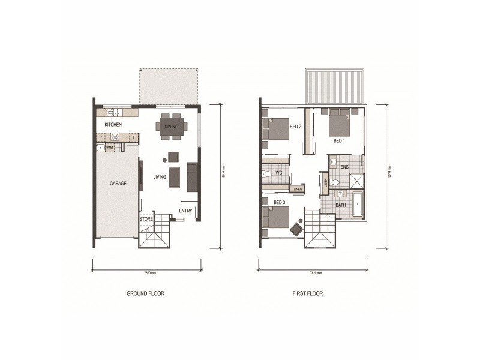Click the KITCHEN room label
coord(113,124)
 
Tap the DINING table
coord(172,126)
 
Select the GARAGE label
coord(118,183)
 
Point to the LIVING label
coord(160,176)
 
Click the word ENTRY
coord(185,211)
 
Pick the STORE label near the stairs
coord(146,220)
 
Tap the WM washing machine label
coord(110,147)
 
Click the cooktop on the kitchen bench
coord(113,137)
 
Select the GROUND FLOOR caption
coord(145,294)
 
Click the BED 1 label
coord(340,141)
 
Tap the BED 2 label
coord(295,127)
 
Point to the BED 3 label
coord(279,202)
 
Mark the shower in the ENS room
coord(356,181)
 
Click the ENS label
coord(344,166)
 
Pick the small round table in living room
coord(164,160)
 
